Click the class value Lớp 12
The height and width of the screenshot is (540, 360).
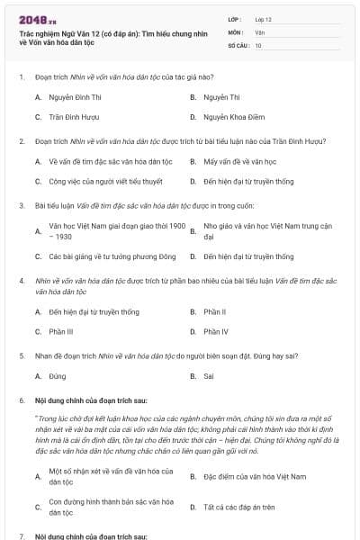coord(264,18)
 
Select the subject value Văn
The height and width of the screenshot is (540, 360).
coord(259,31)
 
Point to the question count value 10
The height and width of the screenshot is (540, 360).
coord(258,44)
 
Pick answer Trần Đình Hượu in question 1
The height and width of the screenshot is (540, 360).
coord(73,117)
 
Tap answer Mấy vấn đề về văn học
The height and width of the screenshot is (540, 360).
coord(236,161)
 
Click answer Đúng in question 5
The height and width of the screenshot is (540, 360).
coord(58,375)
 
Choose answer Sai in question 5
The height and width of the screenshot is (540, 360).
coord(209,375)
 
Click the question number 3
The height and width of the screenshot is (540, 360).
coord(22,205)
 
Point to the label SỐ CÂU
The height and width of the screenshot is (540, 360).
coord(238,44)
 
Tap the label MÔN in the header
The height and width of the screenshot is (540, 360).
coord(235,31)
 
